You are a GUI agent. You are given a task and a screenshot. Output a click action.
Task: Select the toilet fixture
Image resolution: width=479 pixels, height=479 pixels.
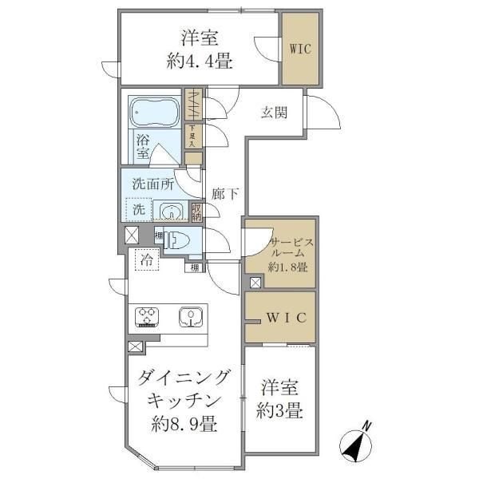pyautogui.click(x=176, y=239)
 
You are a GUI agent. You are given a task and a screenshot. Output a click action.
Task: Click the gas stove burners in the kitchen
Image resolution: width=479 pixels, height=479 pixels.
pyautogui.click(x=148, y=318)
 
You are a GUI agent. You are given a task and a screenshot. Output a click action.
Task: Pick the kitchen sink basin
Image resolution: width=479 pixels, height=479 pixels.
pyautogui.click(x=191, y=318)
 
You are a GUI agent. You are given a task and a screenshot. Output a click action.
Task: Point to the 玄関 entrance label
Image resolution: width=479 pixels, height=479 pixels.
pyautogui.click(x=274, y=113)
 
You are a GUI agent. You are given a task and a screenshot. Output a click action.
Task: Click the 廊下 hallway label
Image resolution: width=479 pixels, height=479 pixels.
pyautogui.click(x=223, y=193)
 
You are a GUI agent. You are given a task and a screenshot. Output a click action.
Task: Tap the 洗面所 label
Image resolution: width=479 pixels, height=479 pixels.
pyautogui.click(x=152, y=183)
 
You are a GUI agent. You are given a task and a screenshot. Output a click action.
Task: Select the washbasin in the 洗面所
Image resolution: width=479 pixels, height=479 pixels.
pyautogui.click(x=170, y=212)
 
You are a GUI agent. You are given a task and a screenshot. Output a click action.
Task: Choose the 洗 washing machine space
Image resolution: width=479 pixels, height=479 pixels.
pyautogui.click(x=138, y=211)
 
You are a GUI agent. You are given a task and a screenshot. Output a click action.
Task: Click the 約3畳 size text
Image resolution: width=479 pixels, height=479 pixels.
pyautogui.click(x=280, y=413)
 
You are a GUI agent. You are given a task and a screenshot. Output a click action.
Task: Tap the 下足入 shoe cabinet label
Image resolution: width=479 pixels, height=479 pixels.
pyautogui.click(x=192, y=136)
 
